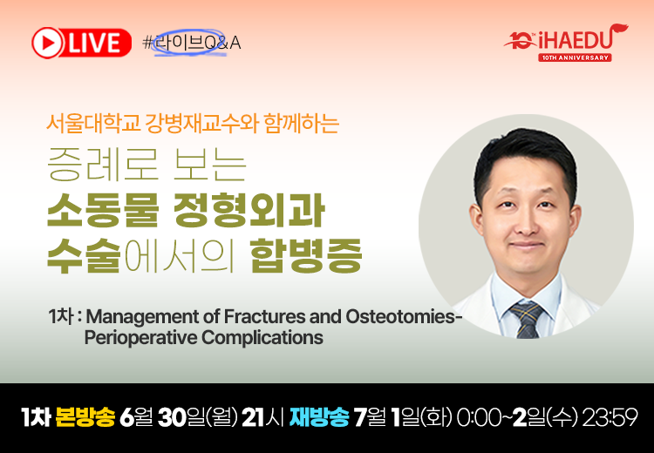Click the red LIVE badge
pos(81,43)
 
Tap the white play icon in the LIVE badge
pos(47,43)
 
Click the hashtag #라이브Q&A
pos(192,43)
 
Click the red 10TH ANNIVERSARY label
pos(575,57)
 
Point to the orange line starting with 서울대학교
pos(193,124)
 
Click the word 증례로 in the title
pos(103,165)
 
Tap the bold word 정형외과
pos(249,211)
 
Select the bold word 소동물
pos(103,211)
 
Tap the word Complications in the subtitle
pos(262,337)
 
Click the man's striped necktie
pos(528,318)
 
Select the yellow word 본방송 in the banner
pos(85,417)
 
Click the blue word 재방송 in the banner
pos(319,417)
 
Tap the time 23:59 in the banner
pos(610,417)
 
